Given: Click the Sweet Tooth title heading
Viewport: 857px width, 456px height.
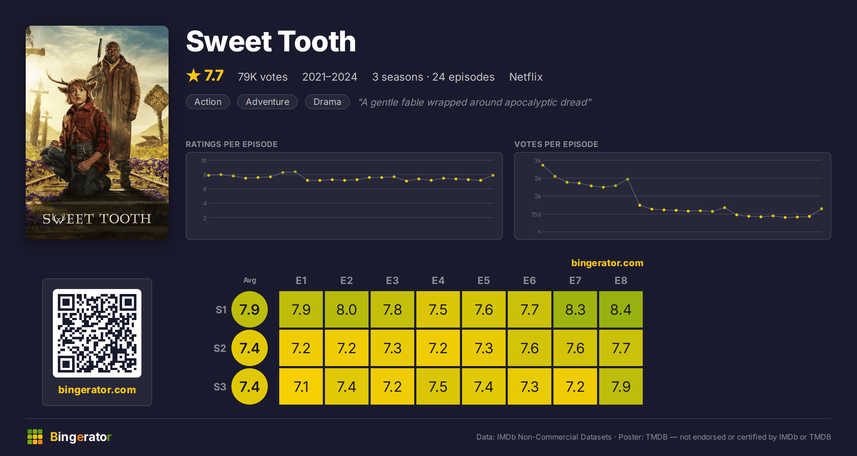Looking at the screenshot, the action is [271, 41].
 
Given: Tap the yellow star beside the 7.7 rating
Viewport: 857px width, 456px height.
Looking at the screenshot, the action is [194, 76].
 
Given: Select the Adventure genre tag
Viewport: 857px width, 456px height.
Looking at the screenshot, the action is [267, 102].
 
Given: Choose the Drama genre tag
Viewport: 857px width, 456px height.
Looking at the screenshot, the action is [327, 102].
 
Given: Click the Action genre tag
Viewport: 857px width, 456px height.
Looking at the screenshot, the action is [208, 102].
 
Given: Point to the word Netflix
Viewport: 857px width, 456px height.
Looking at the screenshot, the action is [526, 77].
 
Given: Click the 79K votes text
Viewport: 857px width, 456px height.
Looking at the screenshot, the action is [262, 77].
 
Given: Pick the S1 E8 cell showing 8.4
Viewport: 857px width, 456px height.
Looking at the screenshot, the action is [621, 309].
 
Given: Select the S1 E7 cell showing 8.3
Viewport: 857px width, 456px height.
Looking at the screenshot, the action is [575, 309].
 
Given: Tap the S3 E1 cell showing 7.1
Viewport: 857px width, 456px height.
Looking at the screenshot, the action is [301, 386].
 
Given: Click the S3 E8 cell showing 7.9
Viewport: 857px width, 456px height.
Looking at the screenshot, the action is [621, 386].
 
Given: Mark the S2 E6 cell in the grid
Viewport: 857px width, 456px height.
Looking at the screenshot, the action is [530, 348].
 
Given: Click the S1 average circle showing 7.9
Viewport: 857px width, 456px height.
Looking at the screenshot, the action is [250, 309].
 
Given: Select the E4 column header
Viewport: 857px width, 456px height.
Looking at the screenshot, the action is [438, 280].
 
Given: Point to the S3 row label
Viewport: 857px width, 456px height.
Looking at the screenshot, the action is [220, 387].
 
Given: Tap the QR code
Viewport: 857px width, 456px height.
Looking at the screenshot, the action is [97, 333].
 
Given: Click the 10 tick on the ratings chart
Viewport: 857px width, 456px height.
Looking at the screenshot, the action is [204, 161].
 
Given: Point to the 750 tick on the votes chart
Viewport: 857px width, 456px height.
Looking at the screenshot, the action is [536, 214].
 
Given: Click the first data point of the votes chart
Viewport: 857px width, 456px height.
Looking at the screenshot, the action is [543, 165].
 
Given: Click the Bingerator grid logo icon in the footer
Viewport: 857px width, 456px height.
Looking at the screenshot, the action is [35, 437].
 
